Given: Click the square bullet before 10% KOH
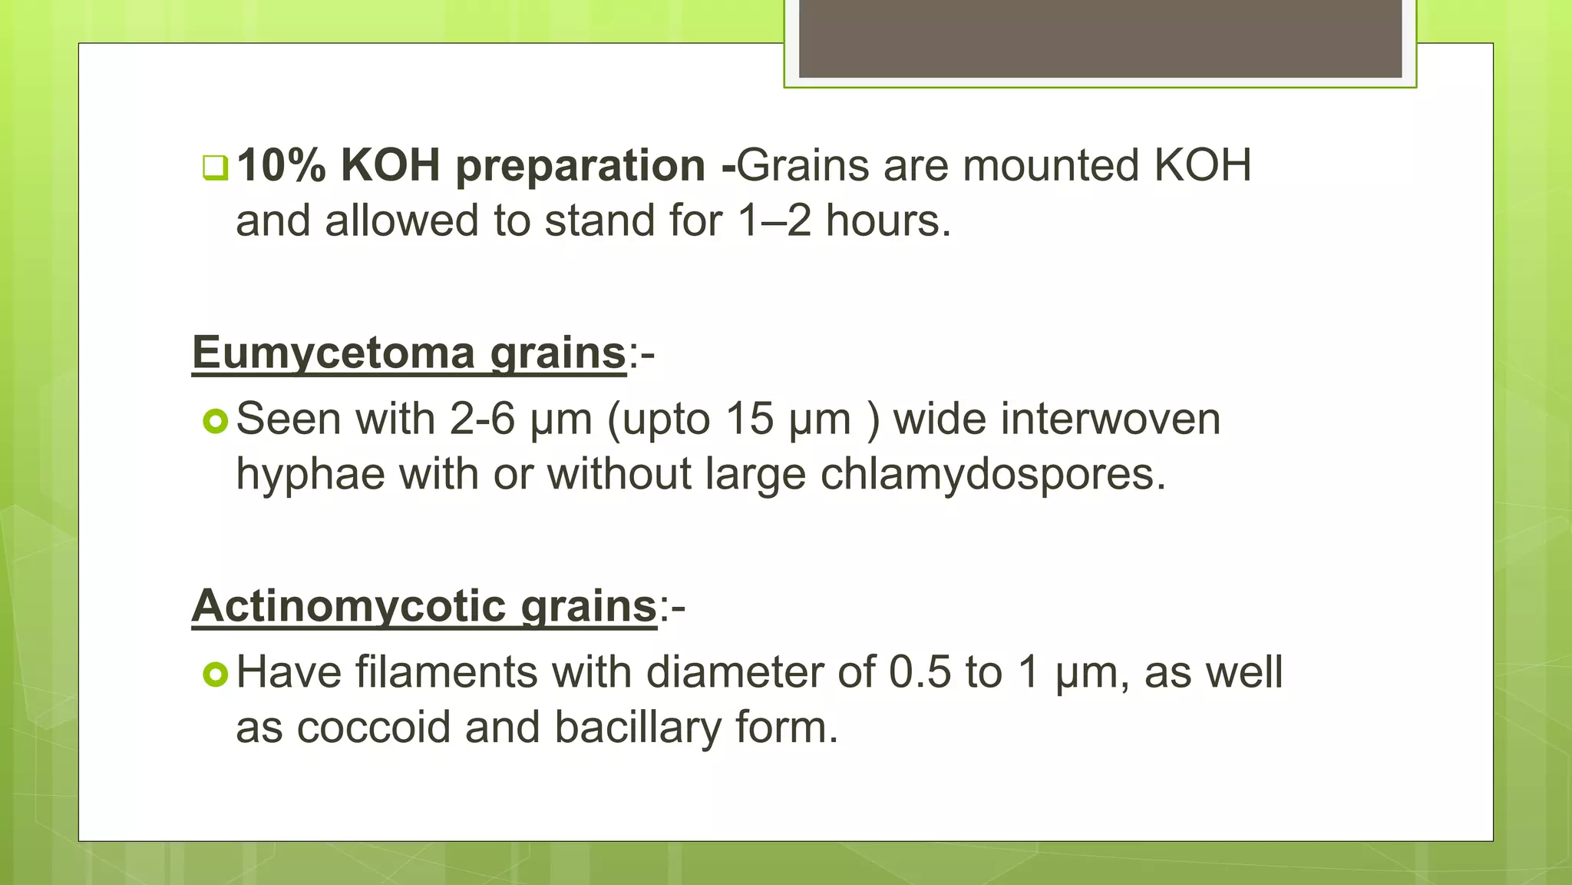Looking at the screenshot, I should point(215,167).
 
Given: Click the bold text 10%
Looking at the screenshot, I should point(281,165).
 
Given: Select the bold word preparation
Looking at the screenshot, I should point(580,167).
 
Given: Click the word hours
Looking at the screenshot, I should point(888,221).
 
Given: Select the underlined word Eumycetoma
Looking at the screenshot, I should point(334,353).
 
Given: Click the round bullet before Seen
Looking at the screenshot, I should point(216,421).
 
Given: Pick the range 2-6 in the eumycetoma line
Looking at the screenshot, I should point(482,419).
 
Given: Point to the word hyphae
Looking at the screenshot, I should point(310,475).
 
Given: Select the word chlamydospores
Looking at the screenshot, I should point(992,475).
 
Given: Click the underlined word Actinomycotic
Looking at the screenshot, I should point(348,606).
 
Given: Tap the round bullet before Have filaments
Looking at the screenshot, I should point(216,674).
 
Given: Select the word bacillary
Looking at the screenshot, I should point(638,728).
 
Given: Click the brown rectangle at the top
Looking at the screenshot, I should point(1100,38).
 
